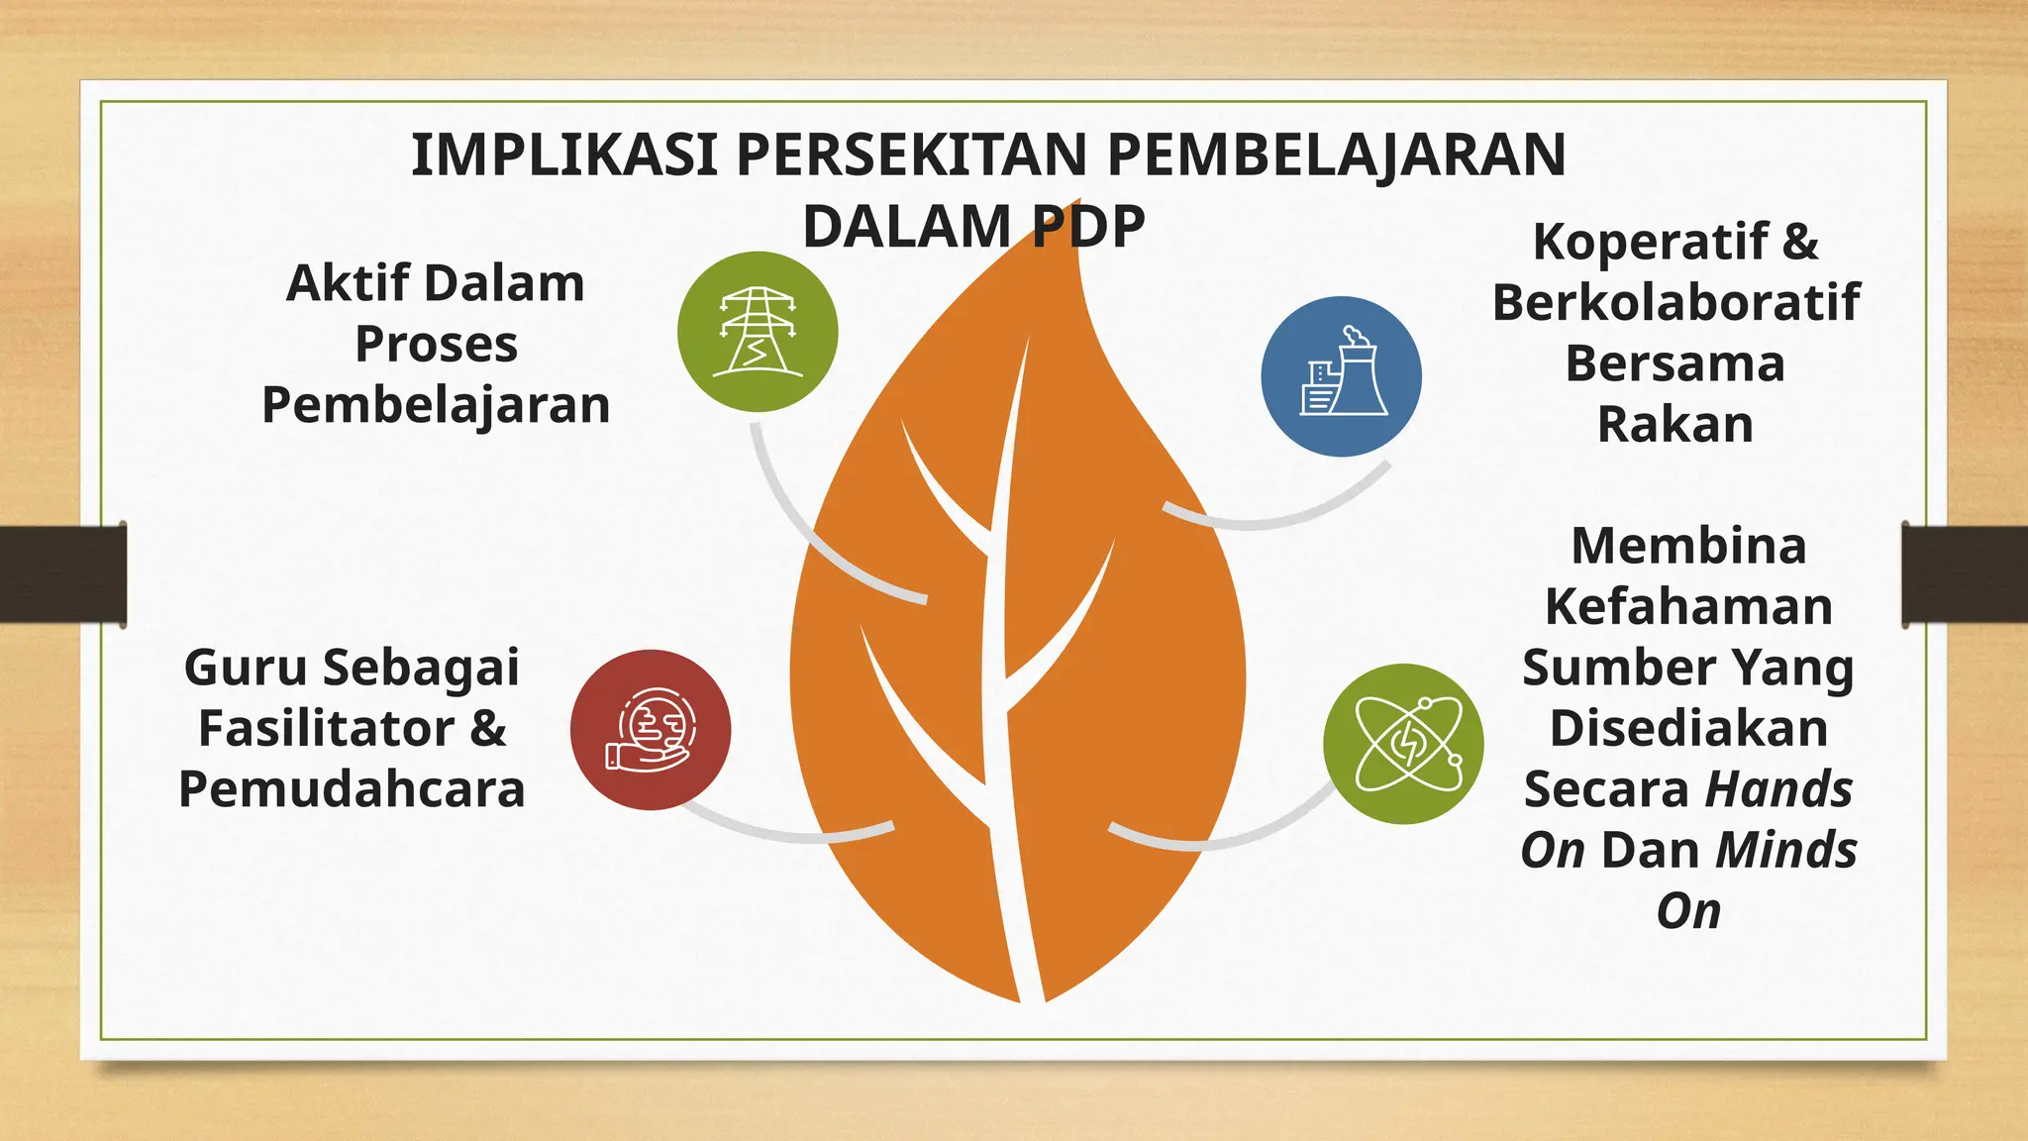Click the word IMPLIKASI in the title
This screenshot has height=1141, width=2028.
click(x=563, y=156)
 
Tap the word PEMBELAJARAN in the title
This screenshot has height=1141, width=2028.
click(x=1336, y=156)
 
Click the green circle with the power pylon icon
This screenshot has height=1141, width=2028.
click(x=758, y=332)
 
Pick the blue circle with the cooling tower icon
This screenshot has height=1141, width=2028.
click(x=1342, y=376)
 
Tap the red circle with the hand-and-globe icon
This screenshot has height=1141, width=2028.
click(x=651, y=730)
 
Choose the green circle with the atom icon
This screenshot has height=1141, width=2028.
click(x=1403, y=744)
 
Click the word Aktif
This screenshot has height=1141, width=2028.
click(x=347, y=283)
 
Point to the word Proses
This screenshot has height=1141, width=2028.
click(x=436, y=345)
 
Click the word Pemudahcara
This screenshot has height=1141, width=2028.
click(x=352, y=789)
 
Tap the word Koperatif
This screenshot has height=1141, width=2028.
click(x=1649, y=242)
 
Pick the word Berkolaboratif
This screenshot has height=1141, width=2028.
click(x=1675, y=302)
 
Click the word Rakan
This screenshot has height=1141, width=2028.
click(x=1675, y=424)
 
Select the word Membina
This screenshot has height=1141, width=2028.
click(x=1688, y=546)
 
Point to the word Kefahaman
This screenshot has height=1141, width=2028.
click(x=1688, y=606)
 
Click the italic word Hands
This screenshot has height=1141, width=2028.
click(x=1778, y=789)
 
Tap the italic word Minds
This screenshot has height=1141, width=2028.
click(x=1785, y=850)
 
